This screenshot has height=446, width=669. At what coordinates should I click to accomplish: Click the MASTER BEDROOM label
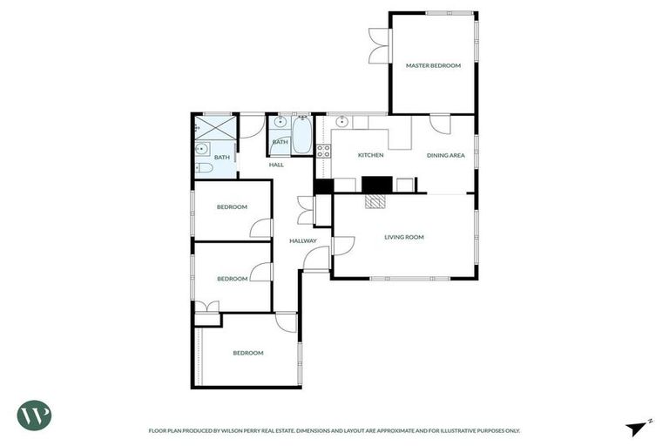433,65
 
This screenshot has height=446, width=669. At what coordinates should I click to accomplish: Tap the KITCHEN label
370,155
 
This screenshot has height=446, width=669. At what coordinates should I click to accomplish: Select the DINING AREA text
445,155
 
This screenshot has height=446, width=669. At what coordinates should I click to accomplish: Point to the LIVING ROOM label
404,237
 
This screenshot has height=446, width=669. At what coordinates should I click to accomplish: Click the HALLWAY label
303,241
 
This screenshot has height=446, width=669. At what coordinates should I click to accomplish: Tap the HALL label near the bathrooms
276,165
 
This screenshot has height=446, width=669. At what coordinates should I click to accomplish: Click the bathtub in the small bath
301,137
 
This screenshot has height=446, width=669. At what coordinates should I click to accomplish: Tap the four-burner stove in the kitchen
323,153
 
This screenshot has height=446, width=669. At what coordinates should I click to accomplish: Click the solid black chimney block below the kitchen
377,184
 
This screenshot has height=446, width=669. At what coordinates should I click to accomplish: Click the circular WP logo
34,415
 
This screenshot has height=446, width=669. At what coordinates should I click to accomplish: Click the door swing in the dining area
440,124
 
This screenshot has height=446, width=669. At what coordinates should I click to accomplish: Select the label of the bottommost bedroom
247,353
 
